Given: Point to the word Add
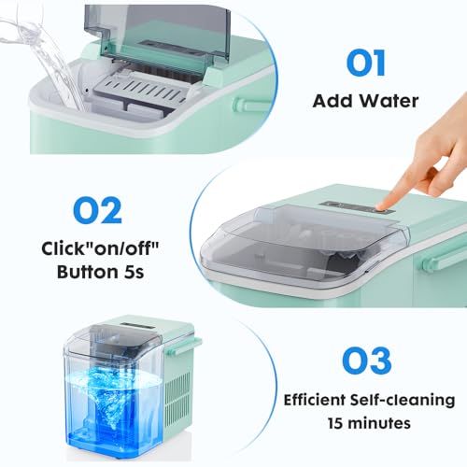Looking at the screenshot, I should click(333, 101).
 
